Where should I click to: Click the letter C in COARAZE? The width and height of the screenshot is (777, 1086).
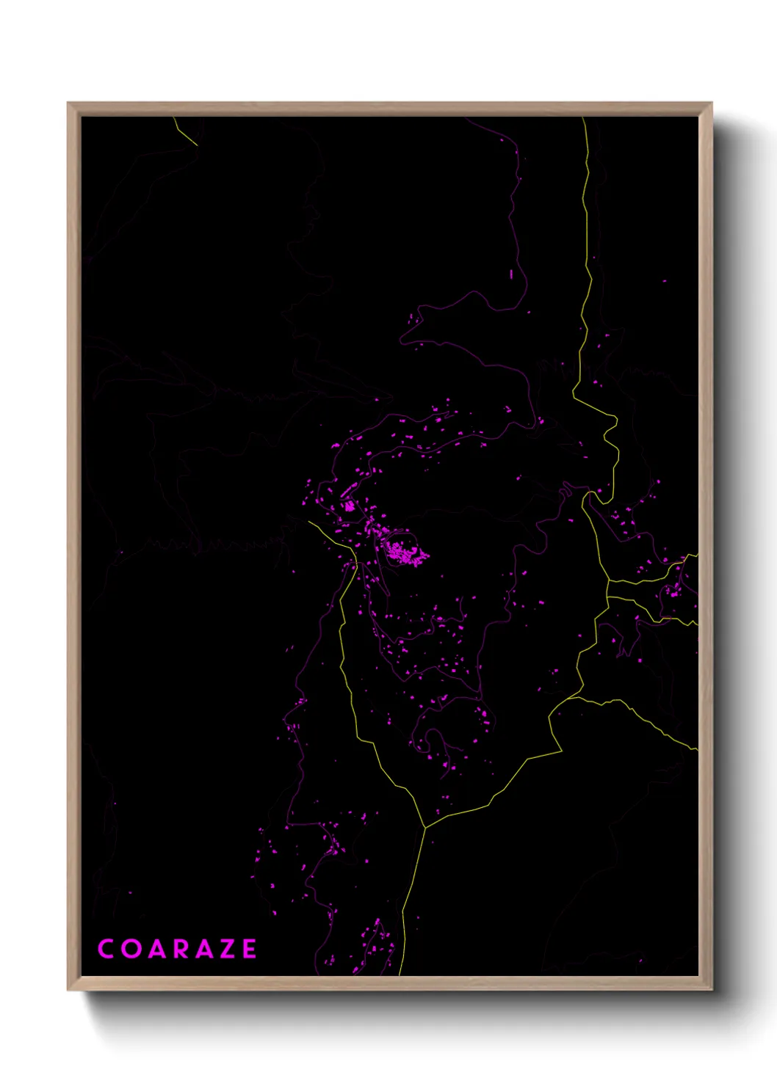(x=106, y=949)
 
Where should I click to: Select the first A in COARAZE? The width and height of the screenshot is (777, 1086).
(x=156, y=949)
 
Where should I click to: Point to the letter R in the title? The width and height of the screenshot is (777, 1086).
(x=181, y=949)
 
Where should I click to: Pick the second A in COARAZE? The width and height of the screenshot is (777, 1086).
(x=203, y=949)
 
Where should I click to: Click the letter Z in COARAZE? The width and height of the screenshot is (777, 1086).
(x=227, y=949)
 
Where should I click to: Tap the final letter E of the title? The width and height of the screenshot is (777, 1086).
(x=250, y=949)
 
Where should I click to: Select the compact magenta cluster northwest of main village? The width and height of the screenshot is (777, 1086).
(x=350, y=506)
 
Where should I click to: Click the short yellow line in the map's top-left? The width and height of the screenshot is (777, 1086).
(x=186, y=131)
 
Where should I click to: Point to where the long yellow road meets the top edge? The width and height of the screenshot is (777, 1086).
(x=584, y=119)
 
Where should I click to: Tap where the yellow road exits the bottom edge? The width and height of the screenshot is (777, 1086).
(x=400, y=974)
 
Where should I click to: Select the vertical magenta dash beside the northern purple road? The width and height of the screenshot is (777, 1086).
(x=511, y=274)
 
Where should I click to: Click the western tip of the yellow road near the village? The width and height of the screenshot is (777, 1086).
(x=309, y=522)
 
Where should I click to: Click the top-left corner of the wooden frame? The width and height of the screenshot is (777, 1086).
(x=68, y=103)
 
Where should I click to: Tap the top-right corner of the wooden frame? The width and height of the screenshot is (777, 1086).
(x=711, y=103)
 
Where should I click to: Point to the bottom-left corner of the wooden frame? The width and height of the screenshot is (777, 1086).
(x=68, y=989)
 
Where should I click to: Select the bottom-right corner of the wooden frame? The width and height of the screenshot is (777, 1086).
(x=711, y=989)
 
